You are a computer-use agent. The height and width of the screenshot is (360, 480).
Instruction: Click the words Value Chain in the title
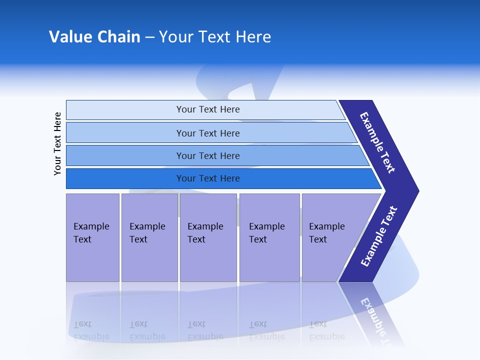point(94,37)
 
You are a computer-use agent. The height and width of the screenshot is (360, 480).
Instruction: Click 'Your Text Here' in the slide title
point(215,37)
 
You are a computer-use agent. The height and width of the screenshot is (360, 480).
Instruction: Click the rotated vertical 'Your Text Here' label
point(57,144)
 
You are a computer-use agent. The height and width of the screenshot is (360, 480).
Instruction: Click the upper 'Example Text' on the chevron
point(377,142)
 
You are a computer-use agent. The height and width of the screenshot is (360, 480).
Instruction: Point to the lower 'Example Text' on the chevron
point(379,236)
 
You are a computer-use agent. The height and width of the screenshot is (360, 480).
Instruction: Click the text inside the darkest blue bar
point(208,178)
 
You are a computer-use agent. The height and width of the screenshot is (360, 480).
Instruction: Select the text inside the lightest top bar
point(208,109)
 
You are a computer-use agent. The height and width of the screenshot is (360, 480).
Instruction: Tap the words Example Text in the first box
point(91,233)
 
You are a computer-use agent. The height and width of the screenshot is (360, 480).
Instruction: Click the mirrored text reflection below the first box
point(91,330)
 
